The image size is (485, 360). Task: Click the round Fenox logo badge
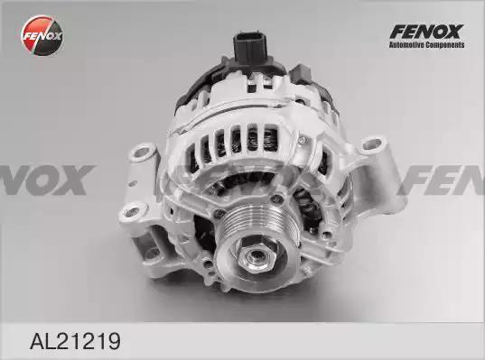[x=42, y=35]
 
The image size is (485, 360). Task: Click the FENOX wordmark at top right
[x=426, y=32]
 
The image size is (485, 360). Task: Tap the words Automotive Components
[x=426, y=45]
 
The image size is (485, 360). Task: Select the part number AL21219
[x=75, y=340]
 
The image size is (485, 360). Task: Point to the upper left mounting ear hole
[x=142, y=152]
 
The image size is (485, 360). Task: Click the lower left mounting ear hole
[x=133, y=212]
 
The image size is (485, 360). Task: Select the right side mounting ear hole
[x=372, y=143]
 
